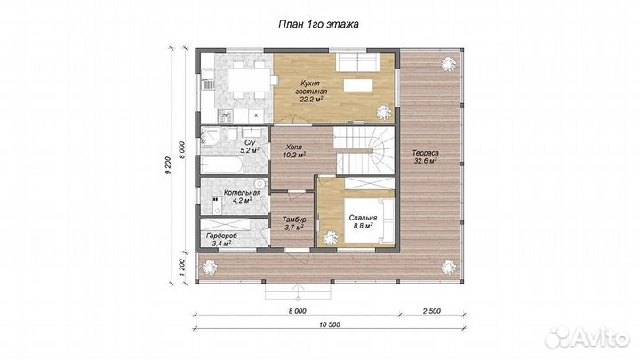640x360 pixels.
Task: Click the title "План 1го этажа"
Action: tap(318, 25)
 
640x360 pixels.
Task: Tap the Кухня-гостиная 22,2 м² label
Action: tap(311, 92)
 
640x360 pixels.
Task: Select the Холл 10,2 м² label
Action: tap(294, 151)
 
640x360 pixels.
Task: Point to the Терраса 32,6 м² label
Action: tap(425, 156)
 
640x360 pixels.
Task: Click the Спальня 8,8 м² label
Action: tap(363, 221)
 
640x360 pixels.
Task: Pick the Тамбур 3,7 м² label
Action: tap(294, 223)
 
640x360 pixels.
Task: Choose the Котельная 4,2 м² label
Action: tap(242, 196)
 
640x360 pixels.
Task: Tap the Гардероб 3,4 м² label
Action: tap(221, 240)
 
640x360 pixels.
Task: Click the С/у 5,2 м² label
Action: tap(250, 147)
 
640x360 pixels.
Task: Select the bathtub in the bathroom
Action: tap(222, 164)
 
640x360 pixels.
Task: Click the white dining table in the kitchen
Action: tap(249, 80)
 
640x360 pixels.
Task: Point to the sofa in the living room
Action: tap(358, 61)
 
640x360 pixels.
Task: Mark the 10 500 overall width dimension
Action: tap(329, 325)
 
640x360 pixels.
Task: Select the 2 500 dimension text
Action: tap(432, 311)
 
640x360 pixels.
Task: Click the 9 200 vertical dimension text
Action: tap(168, 166)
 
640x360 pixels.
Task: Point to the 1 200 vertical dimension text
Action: tap(182, 268)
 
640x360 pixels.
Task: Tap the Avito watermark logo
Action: tap(588, 337)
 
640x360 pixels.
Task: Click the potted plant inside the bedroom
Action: tap(330, 237)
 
